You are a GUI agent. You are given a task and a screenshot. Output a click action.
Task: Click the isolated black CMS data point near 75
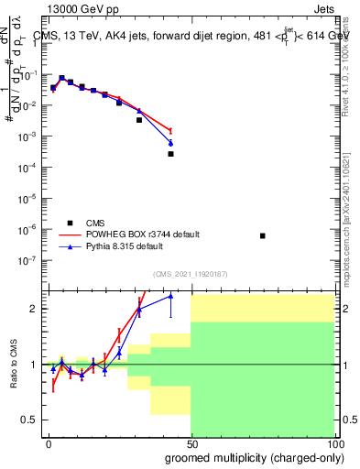click(263, 235)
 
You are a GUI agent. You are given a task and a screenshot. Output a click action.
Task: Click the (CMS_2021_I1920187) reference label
click(190, 273)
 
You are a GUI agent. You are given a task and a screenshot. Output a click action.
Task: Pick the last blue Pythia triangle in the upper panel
click(170, 144)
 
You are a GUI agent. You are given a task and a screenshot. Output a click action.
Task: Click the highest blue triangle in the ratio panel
click(170, 296)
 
